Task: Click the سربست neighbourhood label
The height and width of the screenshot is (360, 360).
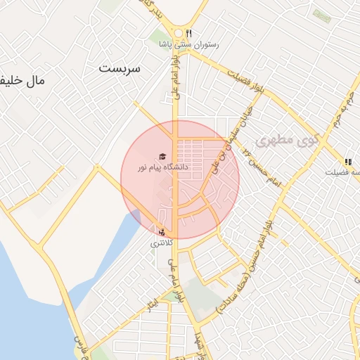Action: (120, 69)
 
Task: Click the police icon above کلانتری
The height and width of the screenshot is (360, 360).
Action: (163, 232)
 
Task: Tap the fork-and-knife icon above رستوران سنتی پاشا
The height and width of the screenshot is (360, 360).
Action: (188, 33)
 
